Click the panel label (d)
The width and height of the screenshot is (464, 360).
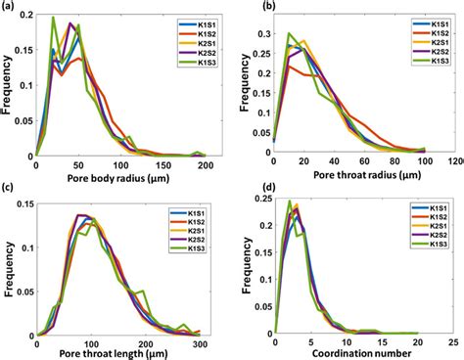pyautogui.click(x=249, y=189)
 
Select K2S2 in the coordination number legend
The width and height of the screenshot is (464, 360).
pyautogui.click(x=434, y=239)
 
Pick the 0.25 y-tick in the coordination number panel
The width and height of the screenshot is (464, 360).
pyautogui.click(x=261, y=197)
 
